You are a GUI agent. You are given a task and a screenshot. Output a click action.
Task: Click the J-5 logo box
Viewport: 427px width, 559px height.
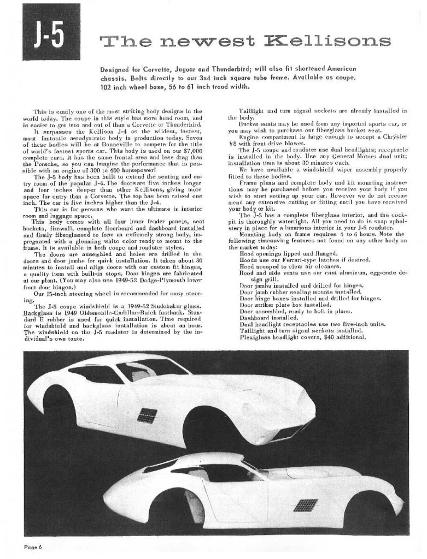[43, 38]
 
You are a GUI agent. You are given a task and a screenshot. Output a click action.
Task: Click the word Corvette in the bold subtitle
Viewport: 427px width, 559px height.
[172, 69]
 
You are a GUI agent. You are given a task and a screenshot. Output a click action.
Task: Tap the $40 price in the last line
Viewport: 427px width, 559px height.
[317, 337]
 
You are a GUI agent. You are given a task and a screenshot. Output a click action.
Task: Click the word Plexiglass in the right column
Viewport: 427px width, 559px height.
[256, 337]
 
